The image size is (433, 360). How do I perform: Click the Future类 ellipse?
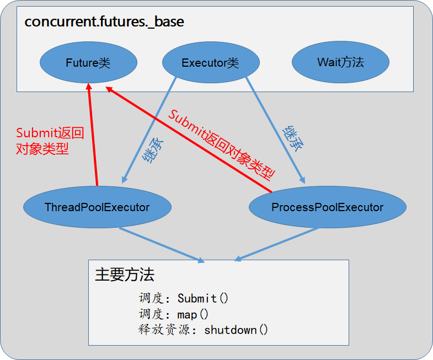pyautogui.click(x=88, y=62)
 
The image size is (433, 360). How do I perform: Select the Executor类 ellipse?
pyautogui.click(x=211, y=62)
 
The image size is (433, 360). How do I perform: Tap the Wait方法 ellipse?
pyautogui.click(x=340, y=62)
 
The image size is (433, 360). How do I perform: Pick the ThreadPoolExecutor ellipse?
pyautogui.click(x=97, y=207)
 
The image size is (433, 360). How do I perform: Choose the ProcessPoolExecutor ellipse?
pyautogui.click(x=328, y=207)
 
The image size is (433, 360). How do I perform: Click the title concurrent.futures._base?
pyautogui.click(x=104, y=22)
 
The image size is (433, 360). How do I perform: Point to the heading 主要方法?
pyautogui.click(x=125, y=275)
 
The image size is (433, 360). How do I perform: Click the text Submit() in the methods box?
pyautogui.click(x=203, y=298)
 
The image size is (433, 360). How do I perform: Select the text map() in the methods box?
pyautogui.click(x=193, y=314)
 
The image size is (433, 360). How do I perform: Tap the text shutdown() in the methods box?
pyautogui.click(x=236, y=330)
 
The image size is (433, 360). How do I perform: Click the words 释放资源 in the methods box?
pyautogui.click(x=164, y=330)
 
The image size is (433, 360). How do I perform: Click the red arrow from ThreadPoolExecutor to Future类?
pyautogui.click(x=93, y=135)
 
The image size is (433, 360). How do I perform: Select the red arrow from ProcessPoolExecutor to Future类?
pyautogui.click(x=189, y=139)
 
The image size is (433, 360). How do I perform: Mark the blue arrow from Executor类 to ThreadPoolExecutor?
pyautogui.click(x=149, y=130)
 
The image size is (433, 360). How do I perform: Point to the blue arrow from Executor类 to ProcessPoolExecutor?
pyautogui.click(x=275, y=130)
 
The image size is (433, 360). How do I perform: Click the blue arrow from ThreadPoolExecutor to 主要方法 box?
pyautogui.click(x=162, y=245)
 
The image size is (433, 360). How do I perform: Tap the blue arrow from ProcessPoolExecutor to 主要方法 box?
pyautogui.click(x=276, y=244)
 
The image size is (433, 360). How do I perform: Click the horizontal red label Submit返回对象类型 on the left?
pyautogui.click(x=50, y=141)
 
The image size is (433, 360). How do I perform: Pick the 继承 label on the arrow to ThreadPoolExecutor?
pyautogui.click(x=153, y=151)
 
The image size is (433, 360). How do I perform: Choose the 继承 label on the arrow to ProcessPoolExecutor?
pyautogui.click(x=293, y=139)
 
